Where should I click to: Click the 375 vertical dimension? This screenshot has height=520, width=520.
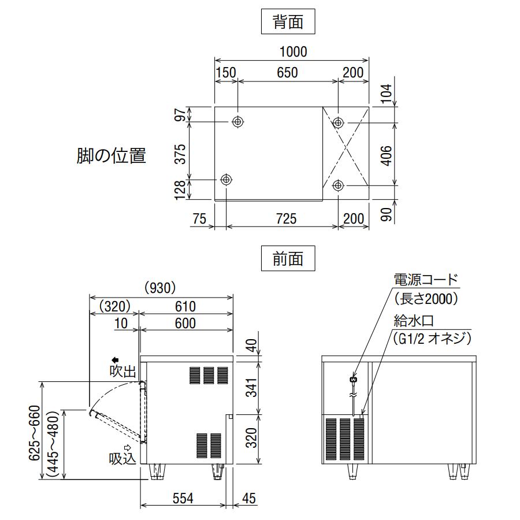(180, 154)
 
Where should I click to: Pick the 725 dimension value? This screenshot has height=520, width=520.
(286, 218)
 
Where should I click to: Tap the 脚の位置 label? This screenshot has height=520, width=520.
(111, 155)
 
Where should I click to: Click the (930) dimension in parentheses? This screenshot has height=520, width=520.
(159, 287)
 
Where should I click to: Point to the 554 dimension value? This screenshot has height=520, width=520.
(183, 498)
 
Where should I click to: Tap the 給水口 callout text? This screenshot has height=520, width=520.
(413, 320)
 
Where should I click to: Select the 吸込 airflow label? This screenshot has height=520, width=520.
(122, 459)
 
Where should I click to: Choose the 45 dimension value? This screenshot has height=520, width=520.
(249, 498)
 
